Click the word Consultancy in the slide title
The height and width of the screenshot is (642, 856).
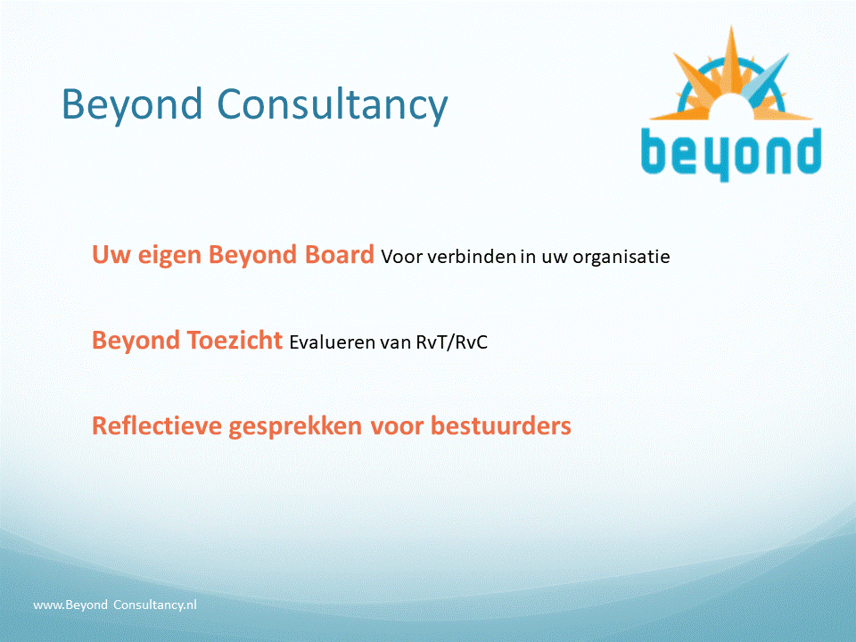[x=333, y=104]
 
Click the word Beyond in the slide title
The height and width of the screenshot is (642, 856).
[x=132, y=104]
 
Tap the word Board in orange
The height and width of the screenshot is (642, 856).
[x=339, y=254]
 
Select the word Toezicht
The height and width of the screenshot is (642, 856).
[x=235, y=340]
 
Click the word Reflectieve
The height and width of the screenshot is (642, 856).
[x=157, y=426]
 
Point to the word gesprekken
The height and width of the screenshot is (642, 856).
[x=295, y=427]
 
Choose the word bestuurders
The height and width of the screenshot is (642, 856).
[x=500, y=426]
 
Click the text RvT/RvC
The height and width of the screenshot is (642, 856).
[x=451, y=342]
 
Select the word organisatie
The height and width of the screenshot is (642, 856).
[x=621, y=257]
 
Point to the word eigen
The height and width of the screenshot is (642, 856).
[x=169, y=256]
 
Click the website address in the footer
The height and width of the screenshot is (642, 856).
[x=115, y=605]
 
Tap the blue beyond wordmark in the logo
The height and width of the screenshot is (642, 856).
[x=731, y=153]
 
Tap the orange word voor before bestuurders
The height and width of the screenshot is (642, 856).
[x=397, y=427]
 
